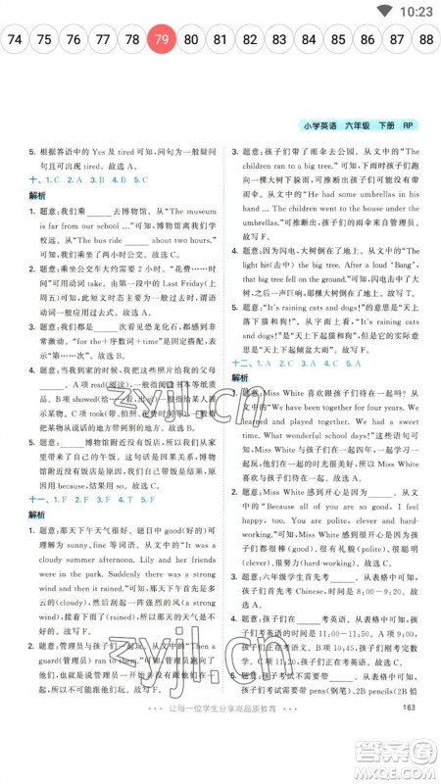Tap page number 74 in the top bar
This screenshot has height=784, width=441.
coord(15,40)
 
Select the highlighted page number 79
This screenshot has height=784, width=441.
coord(162,40)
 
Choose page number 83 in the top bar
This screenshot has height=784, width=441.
coord(279,40)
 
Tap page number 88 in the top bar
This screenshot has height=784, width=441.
coord(426,40)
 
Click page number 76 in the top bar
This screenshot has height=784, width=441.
coord(73,40)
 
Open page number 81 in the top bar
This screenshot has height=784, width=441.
coord(220,40)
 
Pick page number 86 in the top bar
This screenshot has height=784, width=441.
coord(367,40)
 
